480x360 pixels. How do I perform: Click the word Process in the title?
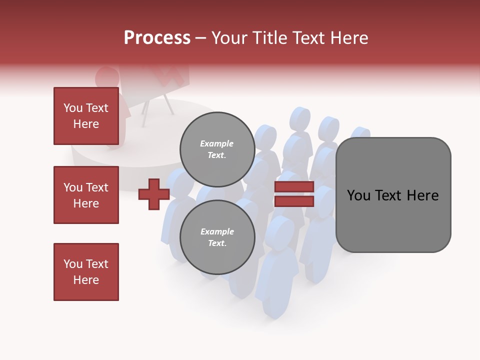point(157,38)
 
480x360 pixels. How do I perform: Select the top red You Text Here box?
point(86,116)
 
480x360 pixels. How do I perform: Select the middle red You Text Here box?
point(86,195)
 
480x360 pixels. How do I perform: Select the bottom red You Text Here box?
point(86,272)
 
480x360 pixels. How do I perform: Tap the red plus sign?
point(154,193)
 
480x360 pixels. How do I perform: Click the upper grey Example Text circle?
point(217,149)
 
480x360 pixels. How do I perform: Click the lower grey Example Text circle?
point(217,237)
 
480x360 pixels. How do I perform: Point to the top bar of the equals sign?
point(294,186)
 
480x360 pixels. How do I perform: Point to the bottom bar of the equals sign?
point(294,201)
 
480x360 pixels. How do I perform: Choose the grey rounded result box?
point(393,195)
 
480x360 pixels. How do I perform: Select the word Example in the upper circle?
point(217,143)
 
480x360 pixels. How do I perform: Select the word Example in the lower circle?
point(217,231)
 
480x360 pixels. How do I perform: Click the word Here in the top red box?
point(86,124)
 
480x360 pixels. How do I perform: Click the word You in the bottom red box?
point(73,264)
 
